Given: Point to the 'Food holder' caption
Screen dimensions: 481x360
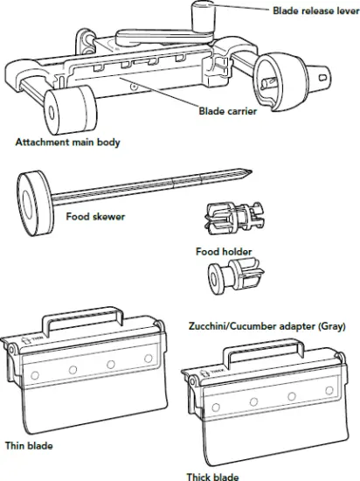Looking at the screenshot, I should pyautogui.click(x=225, y=252).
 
